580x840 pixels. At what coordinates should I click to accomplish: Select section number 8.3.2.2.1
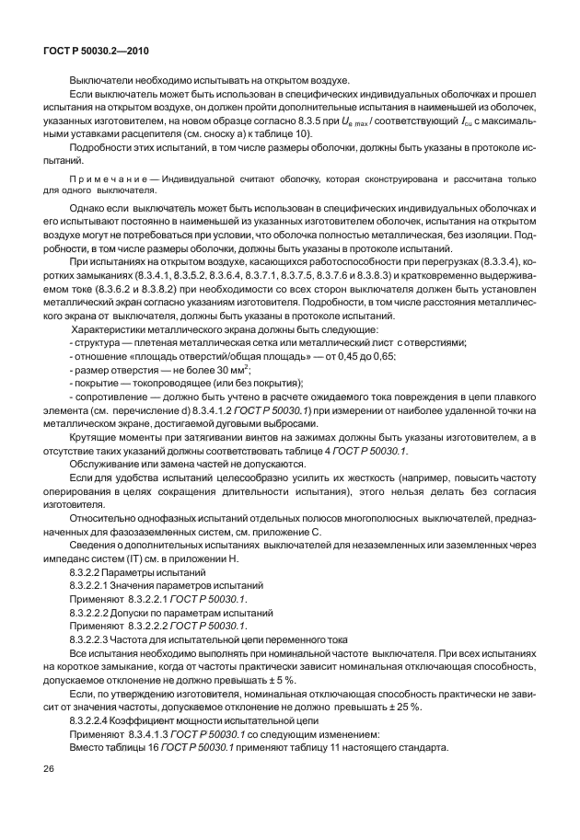click(96, 586)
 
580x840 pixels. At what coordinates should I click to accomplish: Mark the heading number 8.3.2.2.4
click(96, 719)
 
